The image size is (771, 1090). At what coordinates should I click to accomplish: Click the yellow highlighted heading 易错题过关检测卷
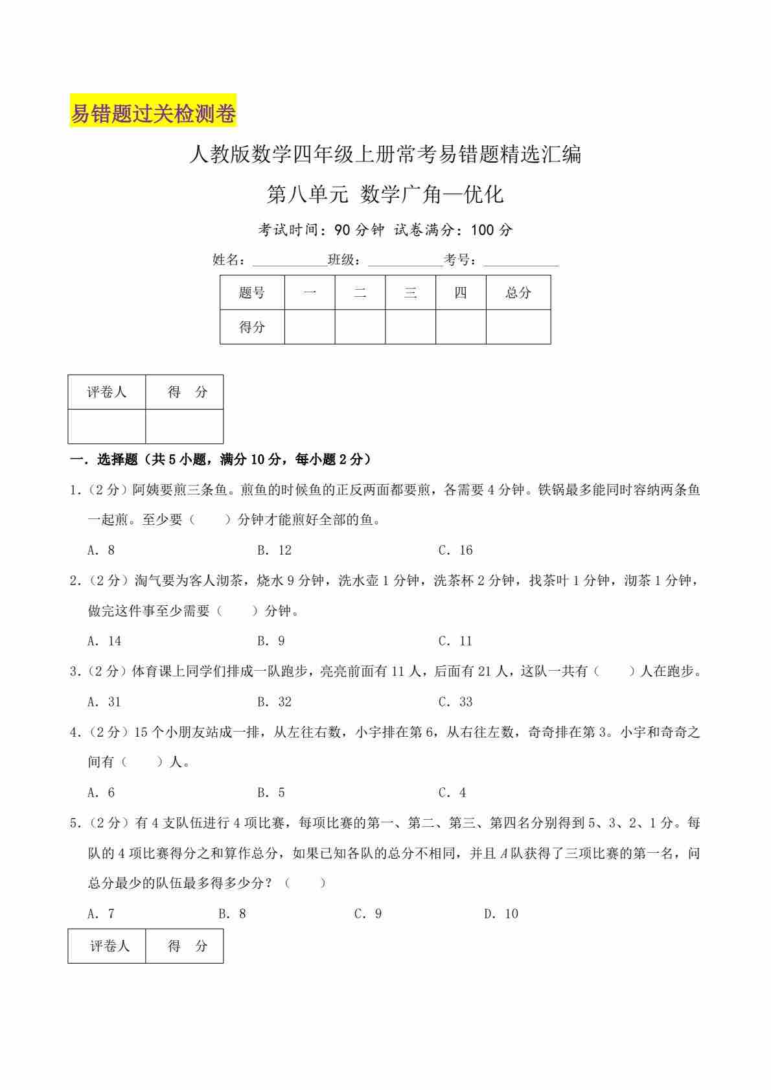coord(153,113)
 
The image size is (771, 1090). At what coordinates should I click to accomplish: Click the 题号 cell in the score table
coord(252,293)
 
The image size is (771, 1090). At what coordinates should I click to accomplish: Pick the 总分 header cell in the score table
coord(518,293)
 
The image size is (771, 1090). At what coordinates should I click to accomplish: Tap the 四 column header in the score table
coord(461,293)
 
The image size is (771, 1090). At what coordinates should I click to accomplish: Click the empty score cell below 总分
coord(518,327)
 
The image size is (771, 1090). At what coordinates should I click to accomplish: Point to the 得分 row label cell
coord(252,327)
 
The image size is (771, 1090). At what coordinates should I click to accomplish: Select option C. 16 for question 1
coord(455,550)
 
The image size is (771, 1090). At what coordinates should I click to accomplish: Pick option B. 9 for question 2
coord(271,641)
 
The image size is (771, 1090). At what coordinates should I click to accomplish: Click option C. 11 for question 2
coord(455,641)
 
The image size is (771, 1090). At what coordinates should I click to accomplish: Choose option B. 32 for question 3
coord(274,702)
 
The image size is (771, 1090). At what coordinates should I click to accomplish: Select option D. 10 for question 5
coord(501,914)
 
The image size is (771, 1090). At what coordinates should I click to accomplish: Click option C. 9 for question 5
coord(368,914)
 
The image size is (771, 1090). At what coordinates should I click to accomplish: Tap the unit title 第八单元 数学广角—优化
coord(385,194)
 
